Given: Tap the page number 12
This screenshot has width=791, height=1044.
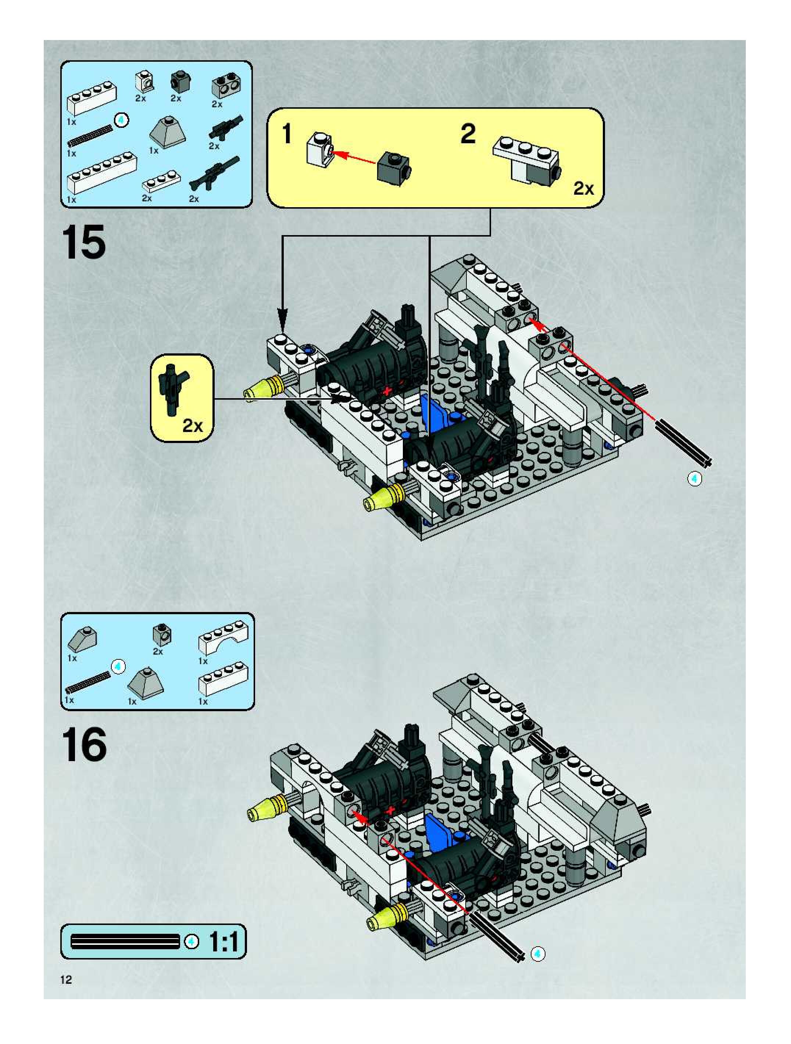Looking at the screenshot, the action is coord(66,979).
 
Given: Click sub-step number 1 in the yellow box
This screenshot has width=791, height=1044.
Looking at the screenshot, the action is coord(287,134).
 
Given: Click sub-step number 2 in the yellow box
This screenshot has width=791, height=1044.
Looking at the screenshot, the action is coord(468,134).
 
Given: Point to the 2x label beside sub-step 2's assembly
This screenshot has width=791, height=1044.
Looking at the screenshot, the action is coord(583,189).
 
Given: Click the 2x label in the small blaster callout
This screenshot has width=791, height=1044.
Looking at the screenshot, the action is coord(193,426).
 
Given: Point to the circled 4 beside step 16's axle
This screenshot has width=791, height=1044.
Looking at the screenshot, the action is coord(537,954).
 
